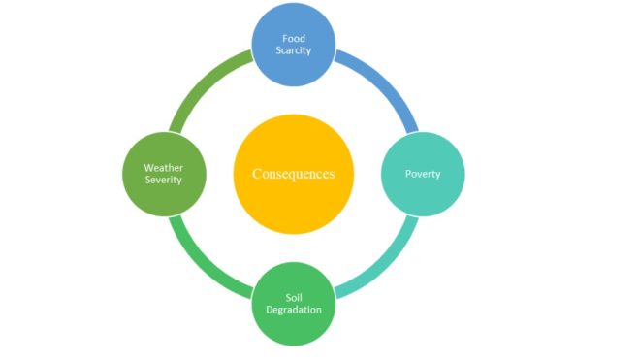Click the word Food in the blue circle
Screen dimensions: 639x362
click(x=294, y=38)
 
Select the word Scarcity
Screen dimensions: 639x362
click(x=294, y=50)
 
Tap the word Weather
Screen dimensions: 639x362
click(x=164, y=167)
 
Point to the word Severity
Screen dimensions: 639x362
click(x=164, y=181)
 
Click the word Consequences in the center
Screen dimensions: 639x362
click(x=293, y=174)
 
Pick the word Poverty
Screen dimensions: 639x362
click(x=423, y=174)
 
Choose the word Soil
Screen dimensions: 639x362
click(x=294, y=296)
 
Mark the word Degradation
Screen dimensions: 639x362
click(x=294, y=310)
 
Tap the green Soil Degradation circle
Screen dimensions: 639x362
click(x=294, y=325)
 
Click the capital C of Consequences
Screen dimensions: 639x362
click(x=257, y=174)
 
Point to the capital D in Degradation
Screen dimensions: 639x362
click(x=268, y=310)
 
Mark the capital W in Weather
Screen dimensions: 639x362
click(x=148, y=167)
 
